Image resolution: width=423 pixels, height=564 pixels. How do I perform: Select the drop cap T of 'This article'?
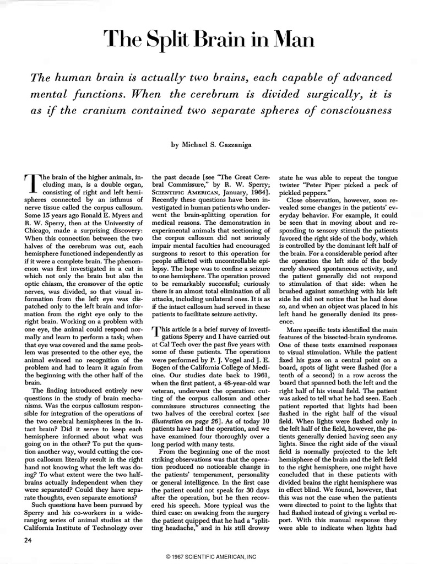click(156, 331)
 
